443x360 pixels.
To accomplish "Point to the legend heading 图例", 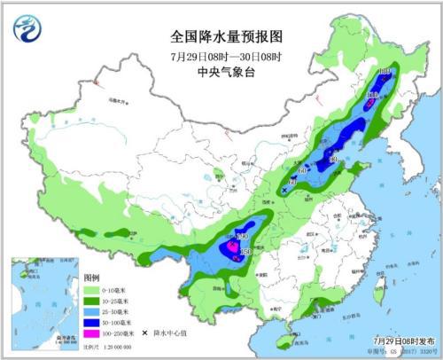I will [93, 278].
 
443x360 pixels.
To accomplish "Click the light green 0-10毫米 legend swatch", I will [95, 290].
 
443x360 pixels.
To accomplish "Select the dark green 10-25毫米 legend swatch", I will [95, 301].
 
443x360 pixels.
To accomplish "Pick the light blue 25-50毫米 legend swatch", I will [95, 311].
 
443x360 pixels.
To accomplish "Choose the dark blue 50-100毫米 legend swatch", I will [95, 322].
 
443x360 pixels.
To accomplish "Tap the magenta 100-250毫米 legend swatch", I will [95, 333].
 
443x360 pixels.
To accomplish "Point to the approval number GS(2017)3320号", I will [403, 349].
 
